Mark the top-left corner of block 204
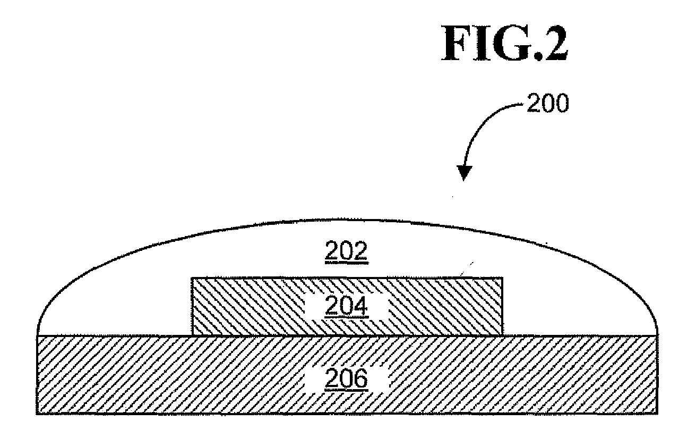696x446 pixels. [x=192, y=278]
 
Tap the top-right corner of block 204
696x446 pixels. [x=501, y=278]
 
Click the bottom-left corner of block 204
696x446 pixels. [x=192, y=335]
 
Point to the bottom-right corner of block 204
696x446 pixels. [x=501, y=335]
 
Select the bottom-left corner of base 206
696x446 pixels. [x=37, y=415]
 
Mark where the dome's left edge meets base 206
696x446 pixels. [x=37, y=335]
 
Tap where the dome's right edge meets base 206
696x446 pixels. [x=657, y=335]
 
